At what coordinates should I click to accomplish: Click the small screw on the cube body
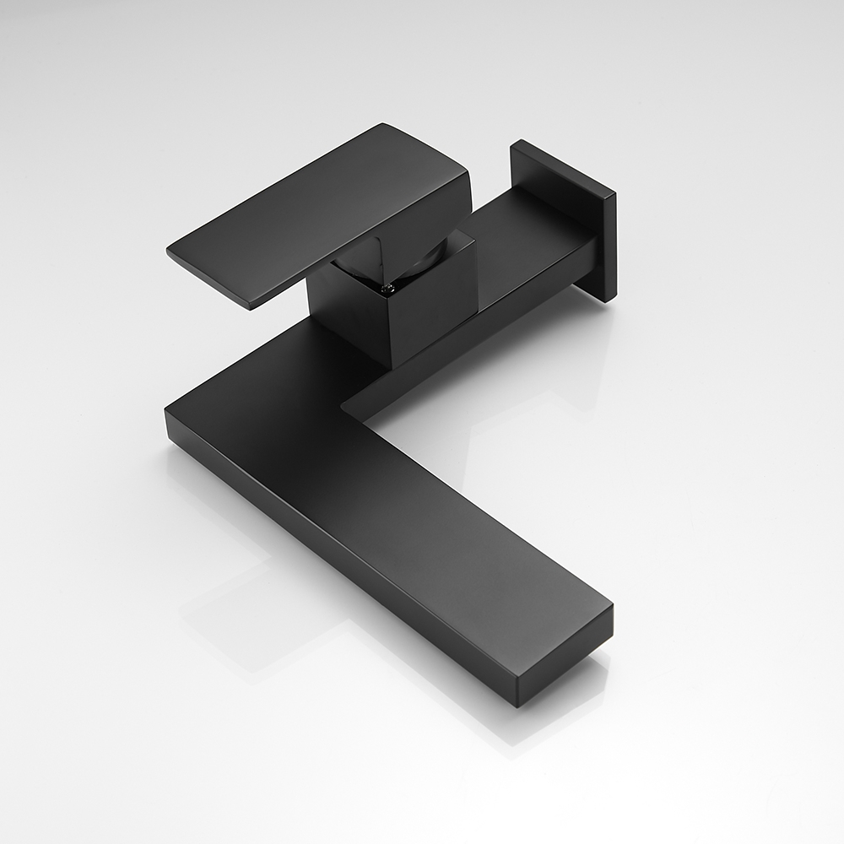[388, 290]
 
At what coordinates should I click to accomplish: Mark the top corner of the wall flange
[517, 142]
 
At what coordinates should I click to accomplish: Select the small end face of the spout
[565, 663]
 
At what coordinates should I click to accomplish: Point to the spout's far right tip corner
[612, 606]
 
